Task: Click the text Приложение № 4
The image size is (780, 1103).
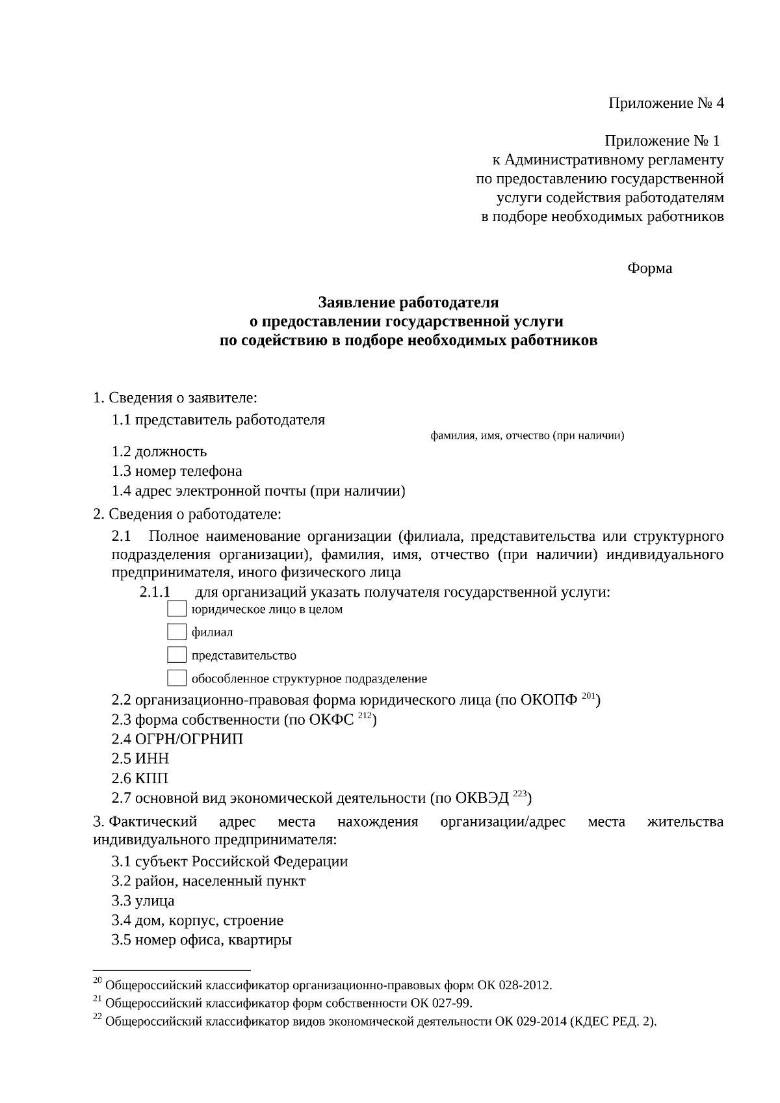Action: tap(666, 103)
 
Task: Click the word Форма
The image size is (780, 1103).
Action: tap(649, 268)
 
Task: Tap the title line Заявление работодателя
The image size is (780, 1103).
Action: tap(408, 303)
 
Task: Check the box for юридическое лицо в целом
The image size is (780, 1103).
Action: tap(177, 609)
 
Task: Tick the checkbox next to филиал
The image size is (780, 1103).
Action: tap(177, 632)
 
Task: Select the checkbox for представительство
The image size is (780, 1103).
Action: tap(177, 655)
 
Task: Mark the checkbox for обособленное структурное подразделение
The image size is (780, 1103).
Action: tap(177, 679)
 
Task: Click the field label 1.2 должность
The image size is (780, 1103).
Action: tap(159, 451)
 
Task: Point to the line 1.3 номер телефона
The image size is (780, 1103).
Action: tap(177, 471)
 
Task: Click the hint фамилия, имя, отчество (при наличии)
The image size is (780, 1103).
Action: tap(527, 435)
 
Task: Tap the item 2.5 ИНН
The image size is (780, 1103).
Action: tap(140, 759)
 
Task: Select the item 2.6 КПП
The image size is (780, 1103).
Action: tap(140, 778)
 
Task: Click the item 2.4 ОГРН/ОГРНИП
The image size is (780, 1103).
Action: tap(177, 739)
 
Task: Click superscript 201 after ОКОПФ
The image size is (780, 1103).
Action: tap(588, 697)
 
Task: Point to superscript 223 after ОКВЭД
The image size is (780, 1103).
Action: tap(519, 794)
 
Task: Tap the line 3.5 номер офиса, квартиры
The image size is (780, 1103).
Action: tap(201, 940)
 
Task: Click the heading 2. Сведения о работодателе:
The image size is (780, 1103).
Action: tap(187, 515)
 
